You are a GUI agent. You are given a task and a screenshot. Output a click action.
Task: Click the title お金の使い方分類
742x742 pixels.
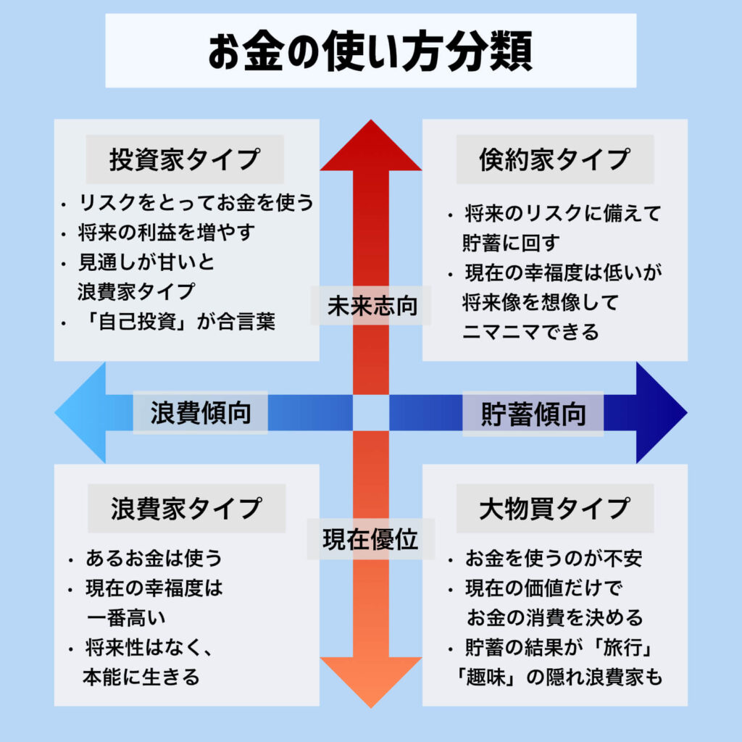point(370,51)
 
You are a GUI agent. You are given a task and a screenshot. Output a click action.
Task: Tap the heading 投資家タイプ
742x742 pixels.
point(185,159)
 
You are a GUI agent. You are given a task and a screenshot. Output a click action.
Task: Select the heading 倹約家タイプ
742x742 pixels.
point(554,159)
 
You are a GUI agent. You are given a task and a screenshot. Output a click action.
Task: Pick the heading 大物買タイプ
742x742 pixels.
point(554,509)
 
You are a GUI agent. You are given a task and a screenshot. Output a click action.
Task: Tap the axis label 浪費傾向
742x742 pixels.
point(201,413)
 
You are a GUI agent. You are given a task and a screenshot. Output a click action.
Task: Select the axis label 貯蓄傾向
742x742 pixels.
point(533,414)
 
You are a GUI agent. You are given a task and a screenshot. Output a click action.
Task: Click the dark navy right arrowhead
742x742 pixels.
point(659,413)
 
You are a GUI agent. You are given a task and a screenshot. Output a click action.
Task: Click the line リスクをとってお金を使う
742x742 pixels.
point(196,203)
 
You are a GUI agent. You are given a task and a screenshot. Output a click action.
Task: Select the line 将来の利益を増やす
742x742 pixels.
point(167,233)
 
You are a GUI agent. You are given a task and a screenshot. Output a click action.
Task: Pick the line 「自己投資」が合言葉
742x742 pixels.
point(176,322)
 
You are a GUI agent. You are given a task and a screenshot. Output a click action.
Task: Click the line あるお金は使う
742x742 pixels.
point(153,559)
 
